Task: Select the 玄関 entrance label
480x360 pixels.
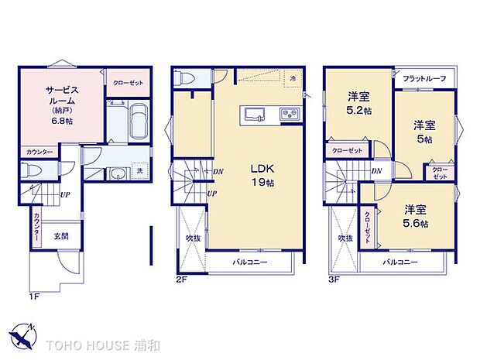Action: pos(61,236)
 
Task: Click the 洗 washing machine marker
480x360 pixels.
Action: pos(139,170)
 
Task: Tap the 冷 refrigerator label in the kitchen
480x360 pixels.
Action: pos(293,78)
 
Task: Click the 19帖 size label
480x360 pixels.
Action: pos(262,183)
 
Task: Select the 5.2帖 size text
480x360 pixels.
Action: pos(358,111)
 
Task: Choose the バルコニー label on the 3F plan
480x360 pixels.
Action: pos(400,262)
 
